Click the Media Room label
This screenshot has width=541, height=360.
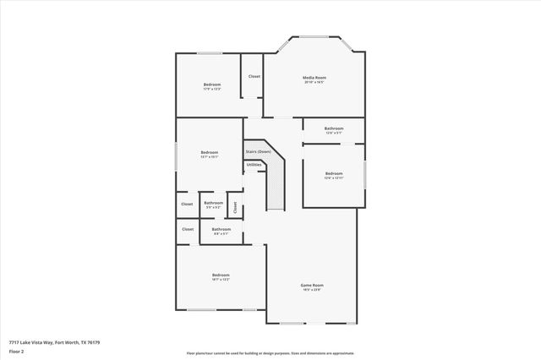pos(314,78)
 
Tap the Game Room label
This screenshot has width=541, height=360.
pos(312,285)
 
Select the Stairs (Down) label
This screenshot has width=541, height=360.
pos(258,151)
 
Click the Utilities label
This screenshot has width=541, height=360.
pos(254,165)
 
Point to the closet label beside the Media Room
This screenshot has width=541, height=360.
pos(254,77)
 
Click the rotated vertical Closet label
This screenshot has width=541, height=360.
pos(235,205)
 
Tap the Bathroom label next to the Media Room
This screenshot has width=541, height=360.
pos(333,128)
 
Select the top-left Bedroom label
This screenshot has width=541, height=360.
pos(212,85)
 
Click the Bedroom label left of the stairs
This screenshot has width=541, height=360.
pos(209,152)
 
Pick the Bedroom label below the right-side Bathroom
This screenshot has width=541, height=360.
pos(334,174)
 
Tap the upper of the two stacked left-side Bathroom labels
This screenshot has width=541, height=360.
pos(213,203)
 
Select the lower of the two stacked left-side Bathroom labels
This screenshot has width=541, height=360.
pos(221,229)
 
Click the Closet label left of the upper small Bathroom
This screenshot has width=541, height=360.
pos(187,204)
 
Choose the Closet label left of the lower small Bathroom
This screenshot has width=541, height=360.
pos(188,229)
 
